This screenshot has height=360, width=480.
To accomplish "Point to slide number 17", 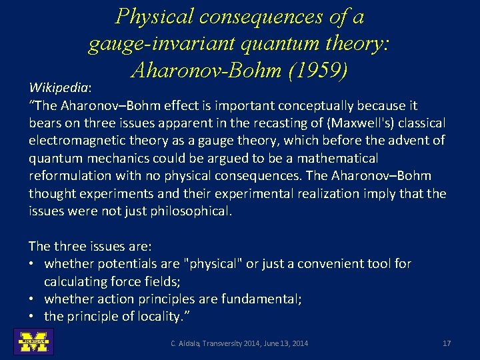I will point(447,343).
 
